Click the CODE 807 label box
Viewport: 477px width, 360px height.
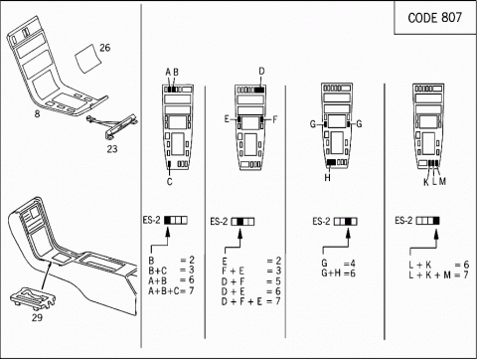435,17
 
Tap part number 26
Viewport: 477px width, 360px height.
104,48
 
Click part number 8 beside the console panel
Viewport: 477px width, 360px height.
37,113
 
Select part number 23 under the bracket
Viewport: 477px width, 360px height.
112,149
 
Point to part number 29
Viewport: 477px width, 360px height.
37,317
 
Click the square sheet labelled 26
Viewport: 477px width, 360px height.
87,59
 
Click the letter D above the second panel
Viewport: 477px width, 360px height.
261,72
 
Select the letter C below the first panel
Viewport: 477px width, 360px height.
170,182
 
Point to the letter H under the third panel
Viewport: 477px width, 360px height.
327,178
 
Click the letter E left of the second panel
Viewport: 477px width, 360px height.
227,119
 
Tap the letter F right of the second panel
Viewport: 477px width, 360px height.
274,119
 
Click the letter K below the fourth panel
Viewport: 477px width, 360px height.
426,182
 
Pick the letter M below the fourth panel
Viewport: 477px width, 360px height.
442,181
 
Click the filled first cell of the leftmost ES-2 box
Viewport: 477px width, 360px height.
168,220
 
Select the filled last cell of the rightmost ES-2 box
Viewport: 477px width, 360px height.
436,221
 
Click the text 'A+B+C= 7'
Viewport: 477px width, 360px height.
171,290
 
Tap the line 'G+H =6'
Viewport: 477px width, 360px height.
338,273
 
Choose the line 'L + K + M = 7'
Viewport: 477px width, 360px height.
438,274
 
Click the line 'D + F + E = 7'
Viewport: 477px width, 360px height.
250,301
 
